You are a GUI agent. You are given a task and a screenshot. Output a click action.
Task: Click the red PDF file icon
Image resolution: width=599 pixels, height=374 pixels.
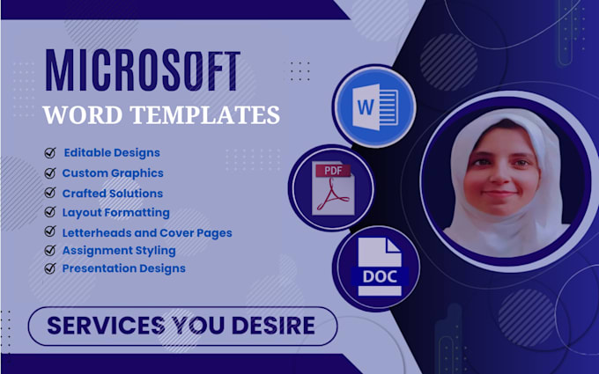pyautogui.click(x=331, y=187)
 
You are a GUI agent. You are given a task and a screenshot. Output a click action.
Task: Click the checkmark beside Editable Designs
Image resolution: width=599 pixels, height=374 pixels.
pyautogui.click(x=50, y=153)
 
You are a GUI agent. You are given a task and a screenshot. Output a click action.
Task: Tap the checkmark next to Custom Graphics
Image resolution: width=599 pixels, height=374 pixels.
pyautogui.click(x=50, y=173)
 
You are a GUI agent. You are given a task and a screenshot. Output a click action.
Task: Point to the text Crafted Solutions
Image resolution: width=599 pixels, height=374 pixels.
pyautogui.click(x=112, y=193)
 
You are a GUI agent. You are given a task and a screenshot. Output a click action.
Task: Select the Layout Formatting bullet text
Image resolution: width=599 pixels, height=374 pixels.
pyautogui.click(x=115, y=212)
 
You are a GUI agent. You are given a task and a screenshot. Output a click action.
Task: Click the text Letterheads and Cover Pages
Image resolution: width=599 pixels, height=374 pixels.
pyautogui.click(x=147, y=232)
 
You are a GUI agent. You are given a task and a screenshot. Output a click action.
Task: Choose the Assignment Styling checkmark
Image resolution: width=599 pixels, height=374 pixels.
pyautogui.click(x=50, y=251)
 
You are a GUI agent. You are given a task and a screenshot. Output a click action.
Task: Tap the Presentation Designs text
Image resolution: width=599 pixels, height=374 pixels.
pyautogui.click(x=123, y=268)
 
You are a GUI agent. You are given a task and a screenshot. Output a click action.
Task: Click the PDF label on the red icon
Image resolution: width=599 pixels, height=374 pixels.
pyautogui.click(x=326, y=169)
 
